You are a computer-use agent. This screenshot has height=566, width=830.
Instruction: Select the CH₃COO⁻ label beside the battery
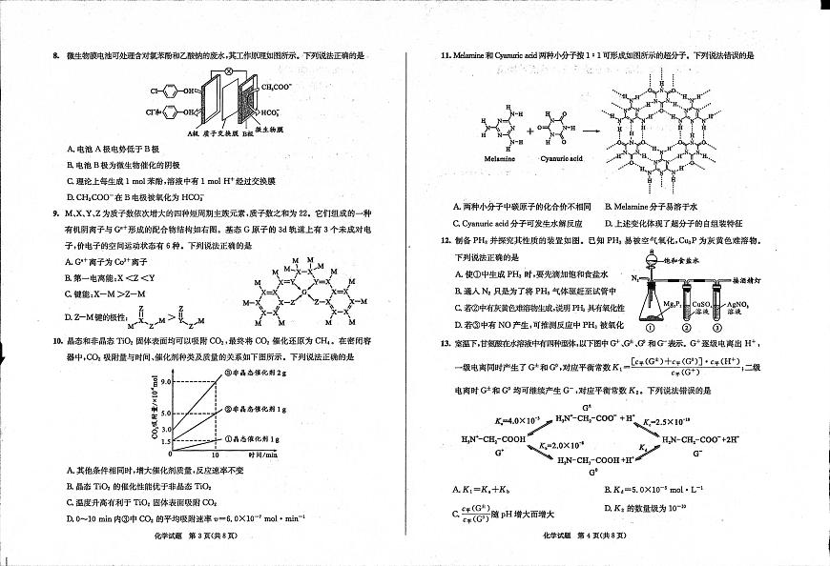tap(276, 87)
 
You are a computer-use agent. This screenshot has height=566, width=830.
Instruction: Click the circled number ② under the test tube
tap(681, 316)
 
